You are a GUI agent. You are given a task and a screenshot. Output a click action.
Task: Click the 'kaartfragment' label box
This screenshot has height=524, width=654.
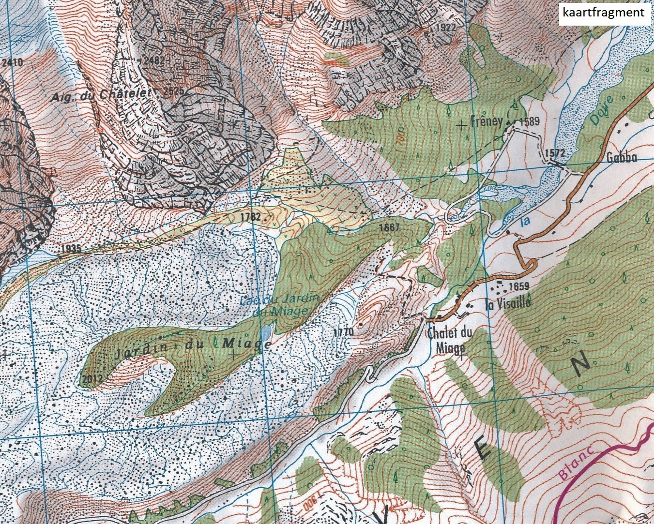[603, 13]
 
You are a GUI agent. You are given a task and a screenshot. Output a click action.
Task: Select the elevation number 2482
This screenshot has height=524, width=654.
[155, 60]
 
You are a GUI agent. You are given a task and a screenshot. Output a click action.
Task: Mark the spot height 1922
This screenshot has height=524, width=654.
[445, 28]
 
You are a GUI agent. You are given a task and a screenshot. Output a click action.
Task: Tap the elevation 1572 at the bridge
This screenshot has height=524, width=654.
[555, 153]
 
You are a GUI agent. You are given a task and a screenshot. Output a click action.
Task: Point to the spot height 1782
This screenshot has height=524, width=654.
[250, 217]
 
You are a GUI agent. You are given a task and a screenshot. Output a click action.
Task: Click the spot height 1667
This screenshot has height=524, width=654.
[390, 227]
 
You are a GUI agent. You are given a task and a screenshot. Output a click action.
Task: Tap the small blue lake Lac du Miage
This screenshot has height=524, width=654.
[265, 333]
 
